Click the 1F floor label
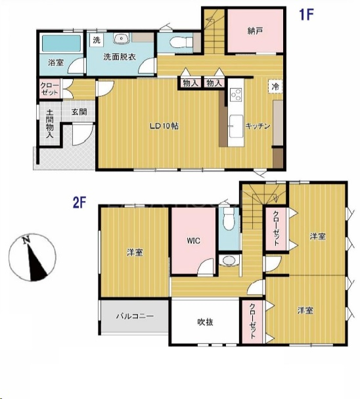point(306,14)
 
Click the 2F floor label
point(79,202)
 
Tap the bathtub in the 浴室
point(61,43)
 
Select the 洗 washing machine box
point(97,40)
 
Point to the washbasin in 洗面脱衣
point(121,39)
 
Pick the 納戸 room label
point(255,31)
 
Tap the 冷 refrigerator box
point(275,87)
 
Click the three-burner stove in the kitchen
point(236,95)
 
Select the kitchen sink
point(236,126)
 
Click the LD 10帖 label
point(164,126)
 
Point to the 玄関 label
point(79,112)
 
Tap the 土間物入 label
point(49,124)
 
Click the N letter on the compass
point(26,240)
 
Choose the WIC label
point(194,241)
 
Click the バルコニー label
point(135,316)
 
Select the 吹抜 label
point(205,322)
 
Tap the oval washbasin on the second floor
point(229,260)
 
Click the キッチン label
point(258,126)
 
